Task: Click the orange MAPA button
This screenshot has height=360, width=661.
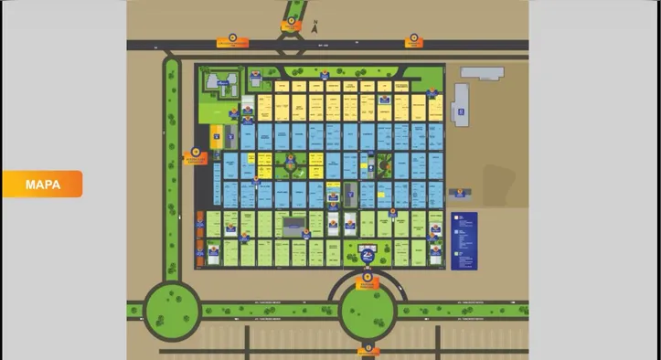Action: tap(42, 184)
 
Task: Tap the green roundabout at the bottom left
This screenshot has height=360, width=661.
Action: tap(171, 308)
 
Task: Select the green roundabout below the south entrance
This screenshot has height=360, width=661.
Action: tap(367, 311)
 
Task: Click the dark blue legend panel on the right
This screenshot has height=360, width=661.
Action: tap(464, 240)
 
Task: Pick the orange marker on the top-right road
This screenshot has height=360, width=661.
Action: tap(413, 40)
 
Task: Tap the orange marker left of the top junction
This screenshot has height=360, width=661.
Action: tap(232, 41)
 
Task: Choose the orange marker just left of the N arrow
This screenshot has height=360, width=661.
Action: tap(291, 26)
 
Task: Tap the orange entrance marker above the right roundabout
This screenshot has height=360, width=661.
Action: tap(367, 280)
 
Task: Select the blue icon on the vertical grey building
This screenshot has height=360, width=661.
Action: tap(463, 114)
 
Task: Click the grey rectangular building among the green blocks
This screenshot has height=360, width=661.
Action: tap(293, 223)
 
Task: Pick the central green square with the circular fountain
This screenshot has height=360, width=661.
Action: tap(290, 166)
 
